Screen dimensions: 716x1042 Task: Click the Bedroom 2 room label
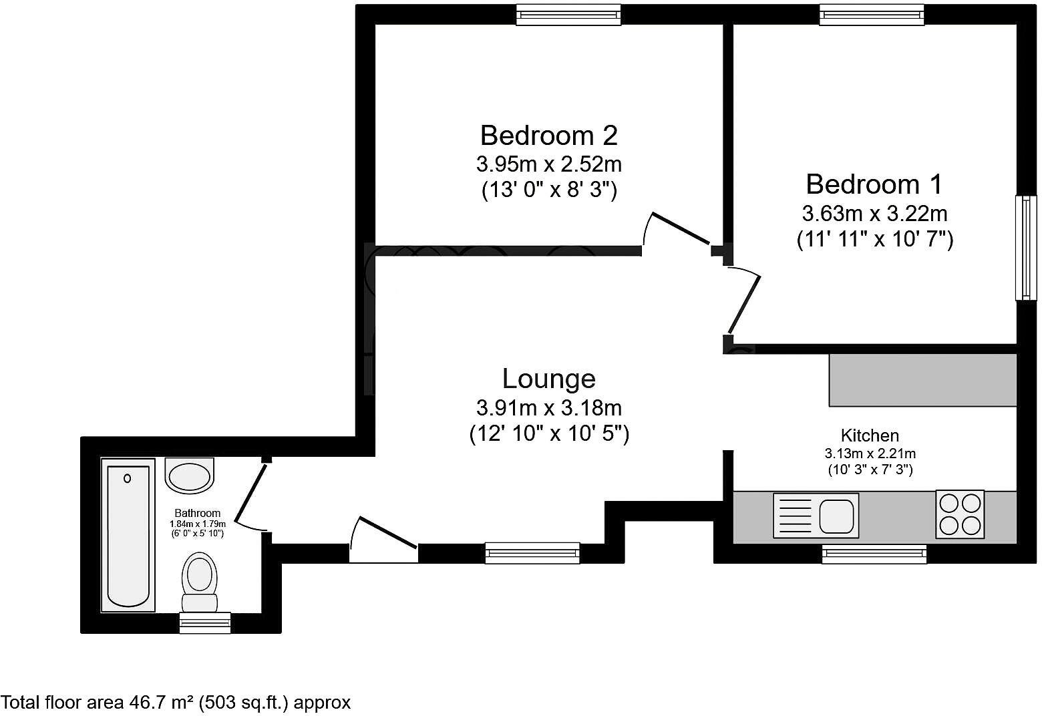(548, 136)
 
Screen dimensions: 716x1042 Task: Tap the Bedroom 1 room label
(874, 184)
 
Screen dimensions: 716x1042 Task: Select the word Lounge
(548, 379)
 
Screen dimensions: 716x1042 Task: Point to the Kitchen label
(870, 435)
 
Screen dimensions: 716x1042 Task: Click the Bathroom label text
(197, 513)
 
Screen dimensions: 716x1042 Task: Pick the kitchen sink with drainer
(816, 516)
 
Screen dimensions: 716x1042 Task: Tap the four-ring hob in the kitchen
(960, 514)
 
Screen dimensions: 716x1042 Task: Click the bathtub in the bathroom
(128, 534)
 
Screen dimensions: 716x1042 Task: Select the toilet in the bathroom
(200, 580)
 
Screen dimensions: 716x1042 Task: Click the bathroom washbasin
(190, 476)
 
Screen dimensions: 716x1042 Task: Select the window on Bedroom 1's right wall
(1024, 248)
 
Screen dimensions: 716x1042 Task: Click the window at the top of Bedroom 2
(568, 15)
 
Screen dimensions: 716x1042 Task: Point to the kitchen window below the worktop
(874, 554)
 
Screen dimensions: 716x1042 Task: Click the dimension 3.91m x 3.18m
(548, 407)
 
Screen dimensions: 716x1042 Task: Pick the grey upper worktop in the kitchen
(922, 380)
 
